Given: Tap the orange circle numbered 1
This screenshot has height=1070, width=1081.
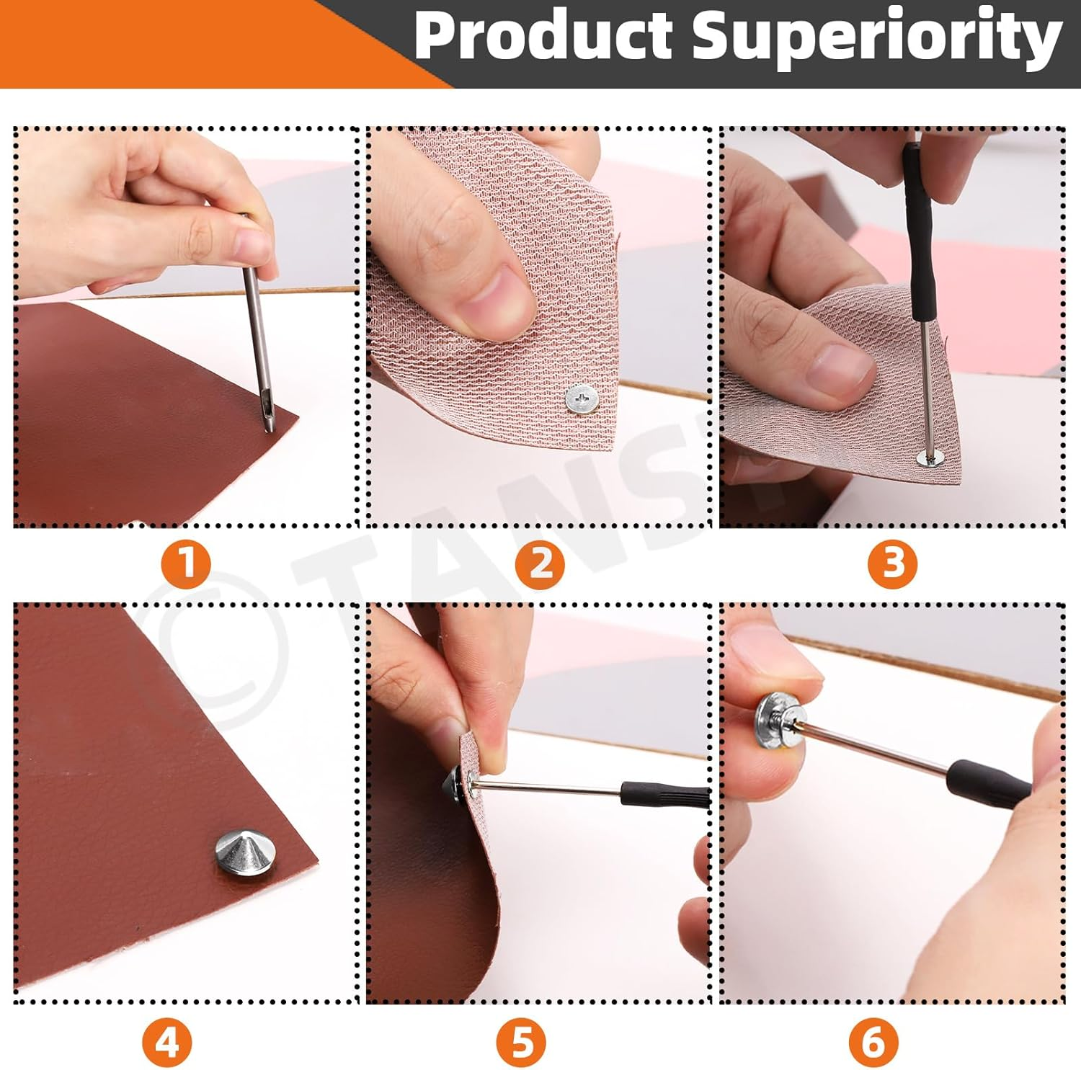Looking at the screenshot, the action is coord(185,562).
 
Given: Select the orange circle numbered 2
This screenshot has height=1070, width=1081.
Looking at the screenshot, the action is coord(540,563).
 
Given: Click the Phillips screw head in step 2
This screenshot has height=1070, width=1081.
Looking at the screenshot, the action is coord(582,399).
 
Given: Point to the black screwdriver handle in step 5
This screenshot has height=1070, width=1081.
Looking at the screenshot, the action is coord(664,795).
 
